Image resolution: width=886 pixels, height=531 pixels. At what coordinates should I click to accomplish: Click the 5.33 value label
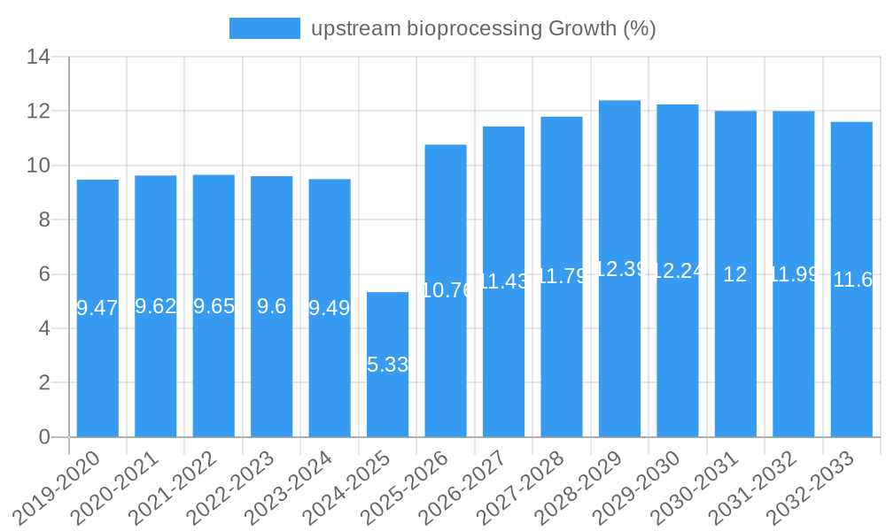click(x=387, y=365)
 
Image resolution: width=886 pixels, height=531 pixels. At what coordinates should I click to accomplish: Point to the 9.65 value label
click(x=214, y=306)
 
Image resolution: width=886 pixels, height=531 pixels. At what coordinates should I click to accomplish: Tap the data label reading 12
click(x=735, y=274)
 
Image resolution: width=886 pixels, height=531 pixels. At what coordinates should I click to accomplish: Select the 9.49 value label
click(x=330, y=308)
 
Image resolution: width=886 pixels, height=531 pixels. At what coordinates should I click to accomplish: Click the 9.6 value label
click(x=271, y=306)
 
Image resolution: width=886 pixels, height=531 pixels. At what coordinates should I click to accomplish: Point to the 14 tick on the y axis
click(x=38, y=58)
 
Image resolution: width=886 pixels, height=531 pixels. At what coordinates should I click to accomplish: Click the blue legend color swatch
click(x=264, y=28)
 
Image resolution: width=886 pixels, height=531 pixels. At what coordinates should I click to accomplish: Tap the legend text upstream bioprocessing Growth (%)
click(x=483, y=28)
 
